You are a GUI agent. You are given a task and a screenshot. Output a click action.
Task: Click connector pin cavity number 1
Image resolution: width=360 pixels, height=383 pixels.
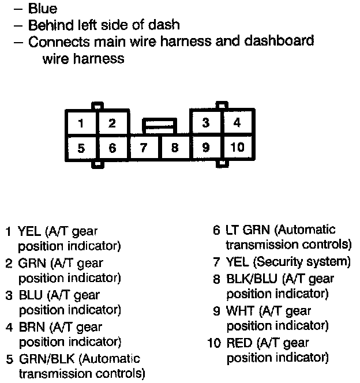[x=81, y=122]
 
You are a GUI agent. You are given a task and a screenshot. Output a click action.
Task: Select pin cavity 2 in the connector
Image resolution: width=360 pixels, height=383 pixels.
[x=112, y=122]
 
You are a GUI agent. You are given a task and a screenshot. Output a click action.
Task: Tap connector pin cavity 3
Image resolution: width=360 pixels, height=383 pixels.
[x=207, y=122]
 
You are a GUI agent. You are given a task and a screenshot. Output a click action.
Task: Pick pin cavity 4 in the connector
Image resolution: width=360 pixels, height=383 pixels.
[x=237, y=122]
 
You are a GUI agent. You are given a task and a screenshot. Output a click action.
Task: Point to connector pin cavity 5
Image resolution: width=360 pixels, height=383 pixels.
[x=81, y=148]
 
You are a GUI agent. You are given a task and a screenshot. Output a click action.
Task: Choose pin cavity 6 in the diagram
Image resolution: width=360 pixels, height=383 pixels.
[x=112, y=148]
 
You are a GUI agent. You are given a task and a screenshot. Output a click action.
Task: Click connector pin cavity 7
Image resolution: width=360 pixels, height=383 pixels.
[x=144, y=148]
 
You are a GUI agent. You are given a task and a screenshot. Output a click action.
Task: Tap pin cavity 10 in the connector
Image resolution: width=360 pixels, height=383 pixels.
[x=237, y=148]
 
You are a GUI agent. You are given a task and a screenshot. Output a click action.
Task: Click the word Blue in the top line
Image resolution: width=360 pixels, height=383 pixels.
[x=43, y=9]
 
